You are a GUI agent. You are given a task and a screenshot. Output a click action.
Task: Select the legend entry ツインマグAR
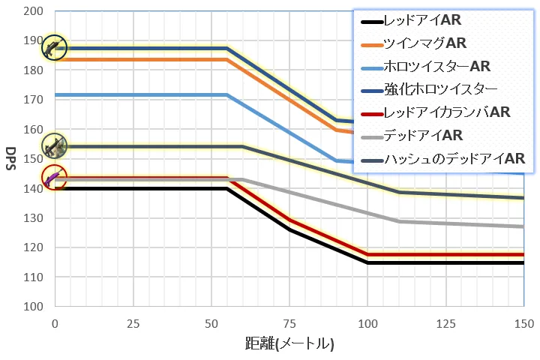pyautogui.click(x=424, y=43)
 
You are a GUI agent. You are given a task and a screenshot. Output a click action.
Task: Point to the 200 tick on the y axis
pyautogui.click(x=33, y=12)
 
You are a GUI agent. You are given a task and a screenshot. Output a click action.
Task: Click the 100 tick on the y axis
pyautogui.click(x=33, y=307)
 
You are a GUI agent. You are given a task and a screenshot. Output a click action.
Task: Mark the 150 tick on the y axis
pyautogui.click(x=33, y=159)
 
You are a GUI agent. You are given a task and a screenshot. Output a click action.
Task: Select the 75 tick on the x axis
pyautogui.click(x=289, y=323)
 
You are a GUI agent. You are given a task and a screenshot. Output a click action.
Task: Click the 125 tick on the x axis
pyautogui.click(x=445, y=323)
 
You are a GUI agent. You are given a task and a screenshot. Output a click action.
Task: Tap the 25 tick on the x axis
pyautogui.click(x=133, y=323)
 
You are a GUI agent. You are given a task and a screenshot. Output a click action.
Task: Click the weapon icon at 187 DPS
pyautogui.click(x=54, y=48)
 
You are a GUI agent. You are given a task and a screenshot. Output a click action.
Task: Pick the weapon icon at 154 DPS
pyautogui.click(x=54, y=147)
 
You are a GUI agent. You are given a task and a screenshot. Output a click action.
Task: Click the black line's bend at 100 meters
pyautogui.click(x=367, y=262)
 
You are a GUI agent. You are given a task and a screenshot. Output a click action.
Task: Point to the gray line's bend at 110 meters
pyautogui.click(x=399, y=221)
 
